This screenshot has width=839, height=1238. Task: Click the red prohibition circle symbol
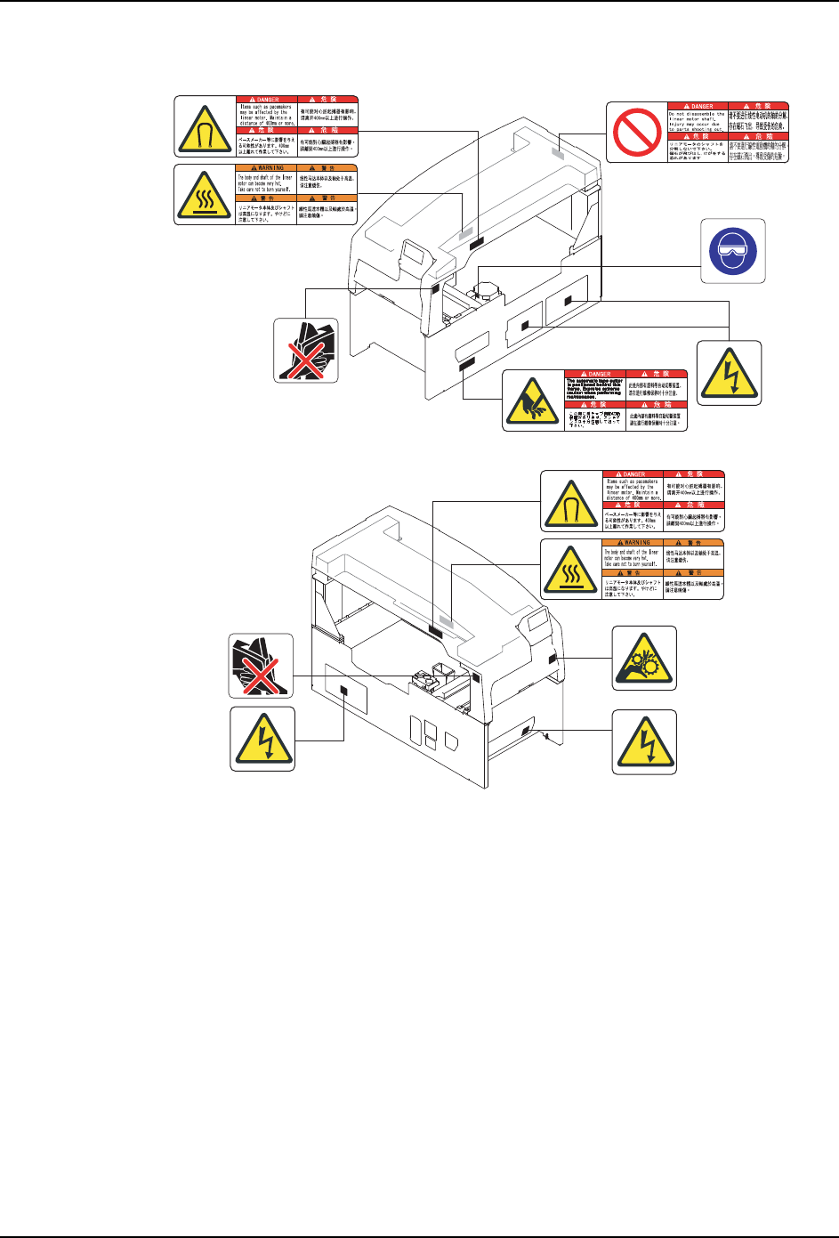click(x=636, y=132)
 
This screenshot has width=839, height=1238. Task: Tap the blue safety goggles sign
click(x=732, y=250)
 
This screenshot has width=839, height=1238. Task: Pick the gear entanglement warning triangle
click(x=644, y=658)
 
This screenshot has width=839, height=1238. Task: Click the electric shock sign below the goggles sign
click(x=729, y=373)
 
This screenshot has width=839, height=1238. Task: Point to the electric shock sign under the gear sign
click(x=644, y=740)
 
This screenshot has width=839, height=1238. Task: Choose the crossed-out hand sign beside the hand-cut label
click(x=305, y=351)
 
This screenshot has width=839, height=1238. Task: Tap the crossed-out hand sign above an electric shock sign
click(x=261, y=666)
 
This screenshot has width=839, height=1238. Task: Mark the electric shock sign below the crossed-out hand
click(x=262, y=738)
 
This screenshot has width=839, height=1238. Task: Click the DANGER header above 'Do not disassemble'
click(x=697, y=106)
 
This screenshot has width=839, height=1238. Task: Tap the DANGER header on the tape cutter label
click(x=595, y=374)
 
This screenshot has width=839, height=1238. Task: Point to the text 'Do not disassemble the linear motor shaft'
click(x=697, y=122)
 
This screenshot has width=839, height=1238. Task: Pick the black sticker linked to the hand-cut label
click(x=466, y=365)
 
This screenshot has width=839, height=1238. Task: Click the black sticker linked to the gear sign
click(x=553, y=658)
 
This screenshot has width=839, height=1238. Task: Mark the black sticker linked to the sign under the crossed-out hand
click(x=343, y=691)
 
